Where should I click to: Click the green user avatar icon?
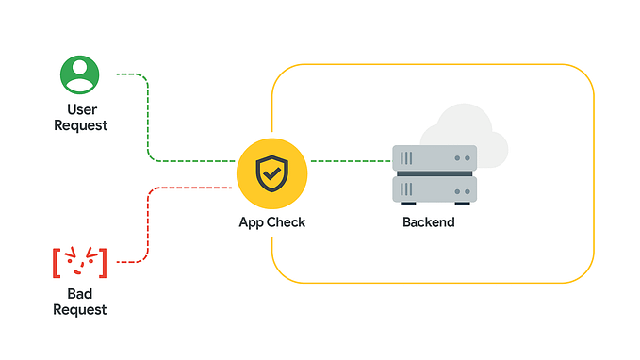click(x=80, y=75)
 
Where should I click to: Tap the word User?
click(x=81, y=110)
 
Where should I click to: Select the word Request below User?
click(x=80, y=125)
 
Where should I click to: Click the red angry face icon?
click(x=80, y=261)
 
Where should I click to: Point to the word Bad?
click(x=80, y=295)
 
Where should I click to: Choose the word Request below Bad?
click(x=80, y=310)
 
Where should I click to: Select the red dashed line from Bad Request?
click(x=149, y=226)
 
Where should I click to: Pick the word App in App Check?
click(x=254, y=222)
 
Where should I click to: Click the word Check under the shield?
click(x=287, y=222)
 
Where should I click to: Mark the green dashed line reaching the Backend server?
click(x=349, y=161)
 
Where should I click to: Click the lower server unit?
click(x=435, y=188)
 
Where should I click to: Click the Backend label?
click(x=429, y=222)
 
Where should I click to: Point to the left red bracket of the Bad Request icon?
click(x=57, y=262)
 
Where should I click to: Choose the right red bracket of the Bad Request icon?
click(x=103, y=262)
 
